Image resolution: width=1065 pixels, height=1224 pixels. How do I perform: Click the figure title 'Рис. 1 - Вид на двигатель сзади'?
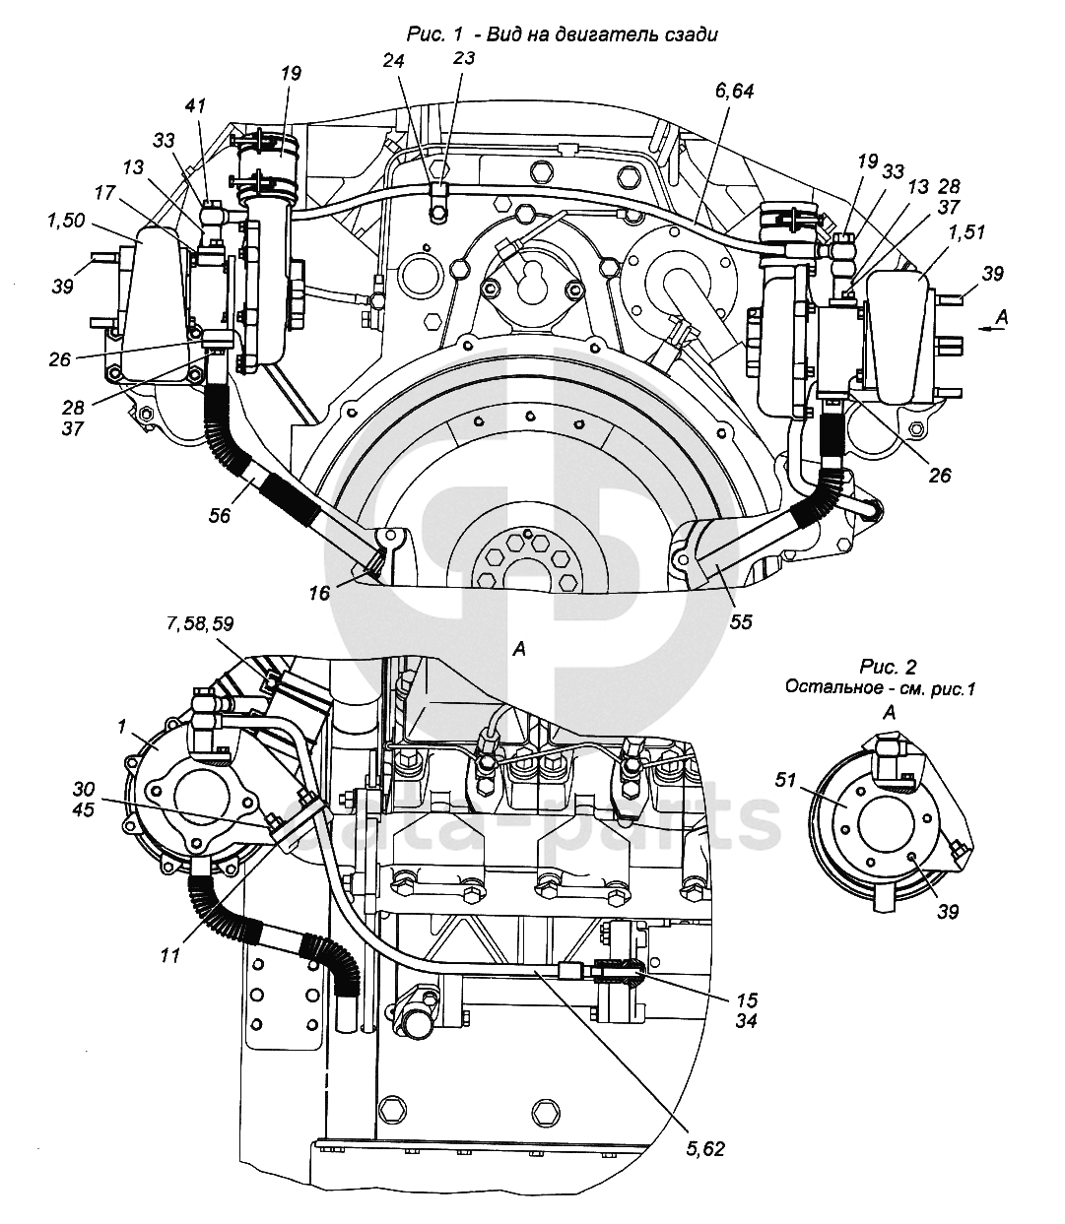click(562, 34)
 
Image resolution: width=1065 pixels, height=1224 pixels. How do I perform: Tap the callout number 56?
click(220, 515)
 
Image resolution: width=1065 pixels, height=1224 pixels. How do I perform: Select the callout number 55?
click(741, 622)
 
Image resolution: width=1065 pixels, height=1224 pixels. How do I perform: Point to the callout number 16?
click(319, 593)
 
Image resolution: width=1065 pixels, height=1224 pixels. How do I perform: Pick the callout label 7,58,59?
click(200, 623)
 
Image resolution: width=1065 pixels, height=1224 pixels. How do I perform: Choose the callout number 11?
click(170, 956)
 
